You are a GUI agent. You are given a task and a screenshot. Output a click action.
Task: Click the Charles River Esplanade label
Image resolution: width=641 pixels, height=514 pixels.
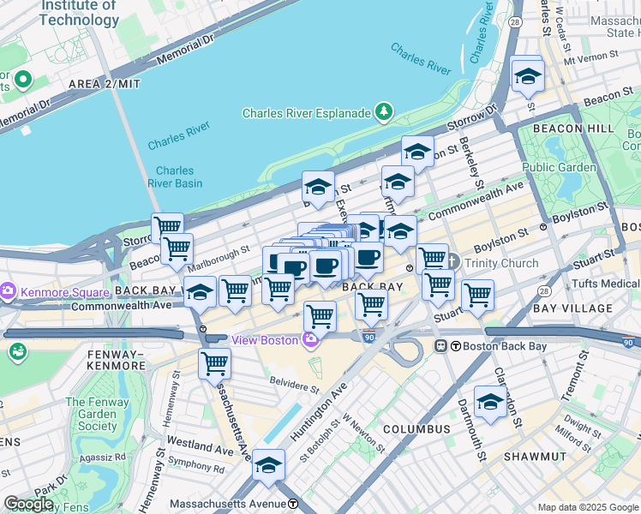click(x=306, y=113)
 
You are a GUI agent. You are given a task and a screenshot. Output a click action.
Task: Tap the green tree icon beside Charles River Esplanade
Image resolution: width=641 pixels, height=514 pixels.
click(x=385, y=112)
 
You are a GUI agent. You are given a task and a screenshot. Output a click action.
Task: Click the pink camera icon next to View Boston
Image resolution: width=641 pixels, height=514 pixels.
click(x=310, y=340)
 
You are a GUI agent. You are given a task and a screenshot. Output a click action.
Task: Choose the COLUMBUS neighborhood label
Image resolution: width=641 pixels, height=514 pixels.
click(x=416, y=428)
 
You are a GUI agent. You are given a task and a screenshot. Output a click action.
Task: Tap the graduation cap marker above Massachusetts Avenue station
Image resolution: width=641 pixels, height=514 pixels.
click(x=268, y=465)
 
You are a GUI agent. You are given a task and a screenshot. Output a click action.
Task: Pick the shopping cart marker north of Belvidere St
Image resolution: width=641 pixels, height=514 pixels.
click(x=214, y=363)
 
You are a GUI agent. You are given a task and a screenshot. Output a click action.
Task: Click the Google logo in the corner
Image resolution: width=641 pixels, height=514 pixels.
click(x=29, y=504)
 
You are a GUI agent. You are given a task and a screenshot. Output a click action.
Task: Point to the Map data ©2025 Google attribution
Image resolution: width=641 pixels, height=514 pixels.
click(x=587, y=507)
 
